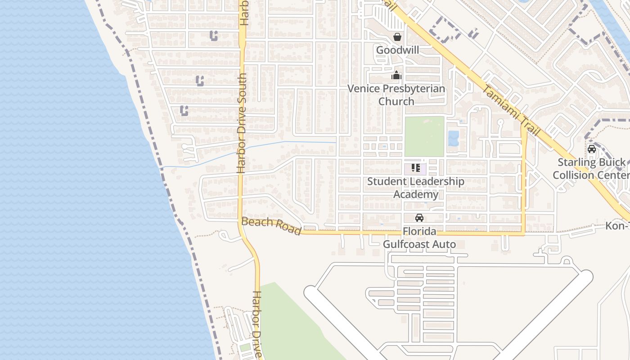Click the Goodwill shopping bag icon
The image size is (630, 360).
pyautogui.click(x=397, y=37)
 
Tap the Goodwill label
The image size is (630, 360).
pyautogui.click(x=397, y=50)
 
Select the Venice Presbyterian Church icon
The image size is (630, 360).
pyautogui.click(x=396, y=75)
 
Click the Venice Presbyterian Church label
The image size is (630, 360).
pyautogui.click(x=396, y=94)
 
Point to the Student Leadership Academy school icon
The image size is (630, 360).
pyautogui.click(x=416, y=168)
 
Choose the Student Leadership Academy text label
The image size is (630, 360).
pyautogui.click(x=416, y=188)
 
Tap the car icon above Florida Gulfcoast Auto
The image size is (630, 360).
pyautogui.click(x=419, y=218)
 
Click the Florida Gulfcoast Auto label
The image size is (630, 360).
pyautogui.click(x=419, y=238)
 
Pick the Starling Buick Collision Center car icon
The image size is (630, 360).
pyautogui.click(x=591, y=149)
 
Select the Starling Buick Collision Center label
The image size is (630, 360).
pyautogui.click(x=591, y=168)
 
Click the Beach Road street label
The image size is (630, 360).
pyautogui.click(x=271, y=226)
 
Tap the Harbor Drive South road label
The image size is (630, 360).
pyautogui.click(x=242, y=123)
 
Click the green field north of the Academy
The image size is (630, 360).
pyautogui.click(x=424, y=136)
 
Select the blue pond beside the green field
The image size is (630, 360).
pyautogui.click(x=453, y=138)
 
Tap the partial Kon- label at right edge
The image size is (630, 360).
pyautogui.click(x=617, y=225)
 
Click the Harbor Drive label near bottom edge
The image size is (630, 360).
pyautogui.click(x=257, y=324)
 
